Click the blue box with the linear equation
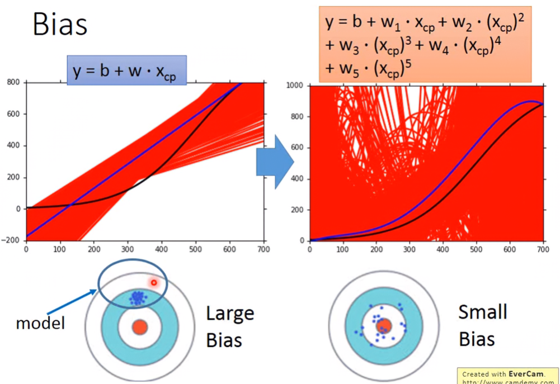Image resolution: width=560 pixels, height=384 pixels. point(126,70)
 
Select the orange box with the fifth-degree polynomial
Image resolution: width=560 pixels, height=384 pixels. point(425,44)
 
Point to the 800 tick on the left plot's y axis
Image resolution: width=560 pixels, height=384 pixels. point(13,83)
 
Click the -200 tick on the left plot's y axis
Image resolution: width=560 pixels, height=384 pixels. point(11,240)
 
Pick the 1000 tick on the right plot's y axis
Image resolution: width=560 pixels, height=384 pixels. point(295,86)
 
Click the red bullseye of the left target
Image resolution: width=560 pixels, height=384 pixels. point(139,326)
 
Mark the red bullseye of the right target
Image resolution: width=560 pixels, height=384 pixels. point(384,326)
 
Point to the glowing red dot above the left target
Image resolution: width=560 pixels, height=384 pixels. point(154,283)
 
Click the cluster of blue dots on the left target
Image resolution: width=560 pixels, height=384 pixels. point(137,298)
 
